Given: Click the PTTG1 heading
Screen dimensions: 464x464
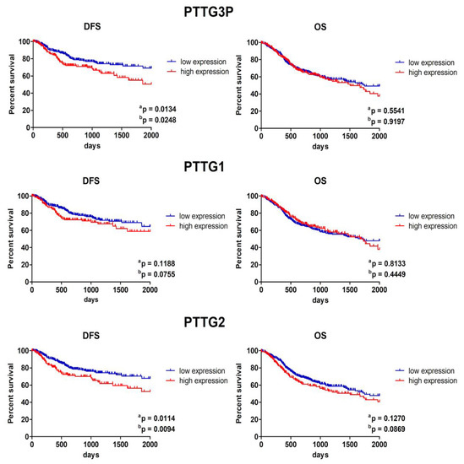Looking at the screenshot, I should pos(232,166).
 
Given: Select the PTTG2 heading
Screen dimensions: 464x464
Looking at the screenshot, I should pos(232,321).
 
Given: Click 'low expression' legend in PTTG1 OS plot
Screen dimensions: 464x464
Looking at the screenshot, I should pos(430,216).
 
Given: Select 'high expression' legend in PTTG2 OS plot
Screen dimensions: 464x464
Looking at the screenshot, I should pos(430,381).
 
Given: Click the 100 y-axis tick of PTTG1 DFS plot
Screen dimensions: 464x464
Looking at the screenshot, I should pos(21,196).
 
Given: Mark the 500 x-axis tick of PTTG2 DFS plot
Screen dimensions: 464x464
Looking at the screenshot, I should pos(62,445).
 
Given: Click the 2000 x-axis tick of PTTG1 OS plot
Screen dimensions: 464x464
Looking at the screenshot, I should pos(378,289).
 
